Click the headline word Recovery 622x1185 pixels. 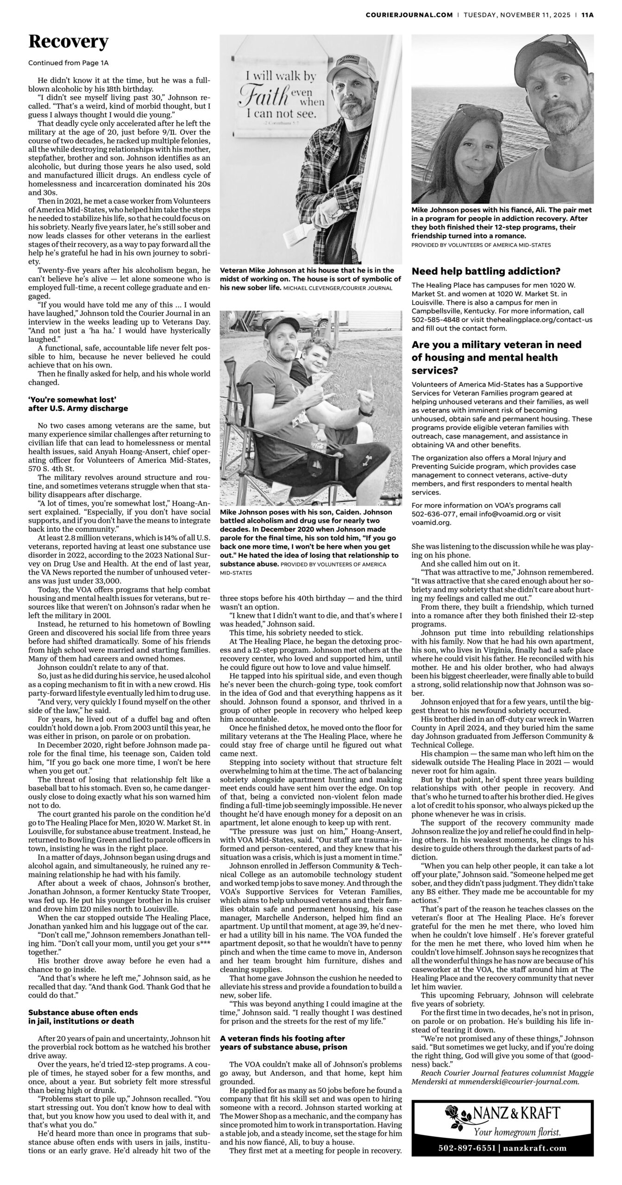pos(68,42)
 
